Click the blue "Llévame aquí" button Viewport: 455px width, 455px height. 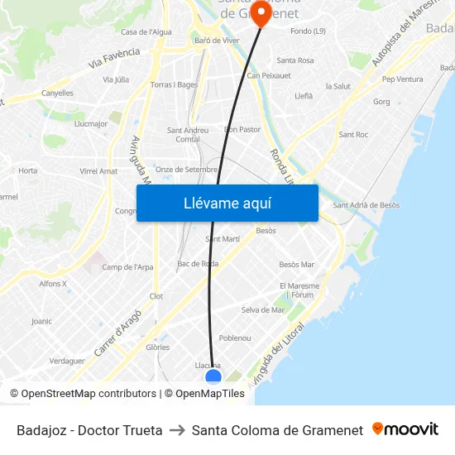(227, 203)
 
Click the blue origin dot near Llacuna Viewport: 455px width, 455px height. (213, 377)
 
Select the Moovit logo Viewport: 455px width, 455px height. (405, 429)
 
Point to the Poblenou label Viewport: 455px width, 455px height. (235, 338)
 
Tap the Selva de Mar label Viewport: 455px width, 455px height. (263, 310)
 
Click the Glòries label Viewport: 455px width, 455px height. (157, 347)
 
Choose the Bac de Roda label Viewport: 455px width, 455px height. (198, 264)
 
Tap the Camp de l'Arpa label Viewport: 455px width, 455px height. (127, 267)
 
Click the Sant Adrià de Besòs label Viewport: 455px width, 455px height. (366, 205)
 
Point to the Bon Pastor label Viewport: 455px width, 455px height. (242, 129)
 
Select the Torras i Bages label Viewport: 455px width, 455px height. (175, 84)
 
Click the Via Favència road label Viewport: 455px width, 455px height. (113, 57)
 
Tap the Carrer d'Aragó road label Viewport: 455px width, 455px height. (117, 333)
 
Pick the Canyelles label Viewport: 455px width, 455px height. (57, 93)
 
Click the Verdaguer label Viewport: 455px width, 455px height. (67, 361)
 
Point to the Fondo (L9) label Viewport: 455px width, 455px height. (309, 32)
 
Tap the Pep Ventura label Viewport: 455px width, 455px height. (402, 79)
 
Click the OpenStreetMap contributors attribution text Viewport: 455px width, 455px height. (83, 394)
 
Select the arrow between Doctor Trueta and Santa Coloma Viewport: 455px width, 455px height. (177, 430)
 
